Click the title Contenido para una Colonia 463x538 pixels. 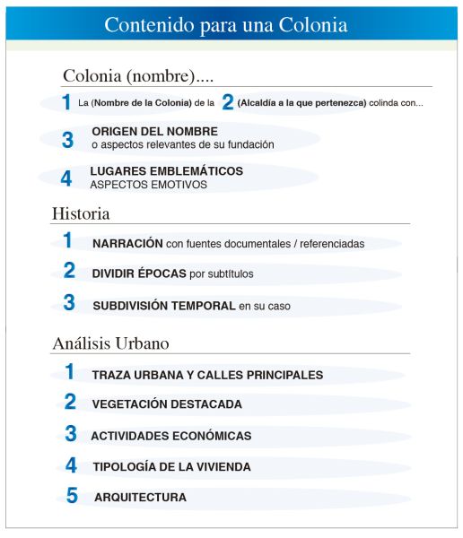tap(225, 24)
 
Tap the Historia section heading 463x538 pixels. tap(81, 214)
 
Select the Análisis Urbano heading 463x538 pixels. tap(110, 343)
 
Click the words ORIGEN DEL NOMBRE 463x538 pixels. tap(154, 132)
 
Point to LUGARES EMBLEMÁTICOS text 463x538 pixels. tap(166, 170)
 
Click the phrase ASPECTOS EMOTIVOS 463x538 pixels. tap(148, 185)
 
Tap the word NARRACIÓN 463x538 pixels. tap(127, 243)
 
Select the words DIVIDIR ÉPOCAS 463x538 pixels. tap(140, 273)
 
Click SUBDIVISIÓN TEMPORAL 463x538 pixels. tap(164, 306)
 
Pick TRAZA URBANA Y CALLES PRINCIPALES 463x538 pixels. tap(207, 375)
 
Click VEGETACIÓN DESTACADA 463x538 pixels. tap(167, 404)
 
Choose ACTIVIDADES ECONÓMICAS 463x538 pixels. tap(170, 436)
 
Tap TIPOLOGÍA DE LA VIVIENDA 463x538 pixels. tap(171, 467)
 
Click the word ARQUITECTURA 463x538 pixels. tap(140, 497)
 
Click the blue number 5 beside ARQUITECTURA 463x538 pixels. tap(72, 496)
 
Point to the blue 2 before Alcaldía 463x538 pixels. tap(228, 103)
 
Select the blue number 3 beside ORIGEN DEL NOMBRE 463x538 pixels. tap(67, 139)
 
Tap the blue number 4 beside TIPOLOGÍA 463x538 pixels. tap(71, 465)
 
